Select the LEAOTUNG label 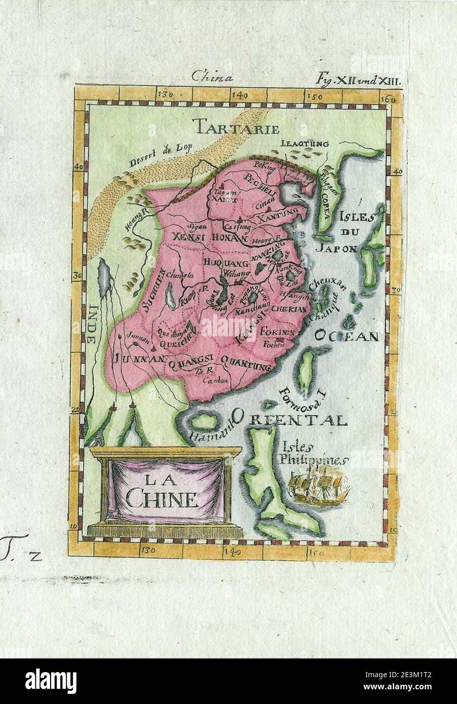[305, 143]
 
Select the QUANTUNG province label [245, 360]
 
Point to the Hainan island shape [202, 421]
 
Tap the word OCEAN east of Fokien [347, 336]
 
